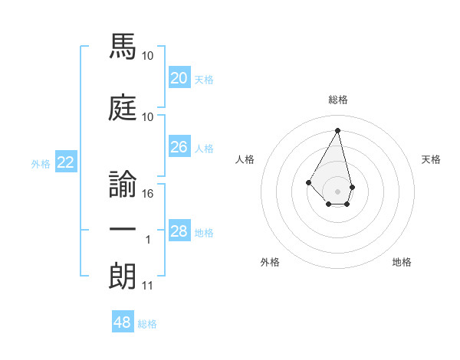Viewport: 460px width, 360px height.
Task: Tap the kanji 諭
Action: [x=122, y=182]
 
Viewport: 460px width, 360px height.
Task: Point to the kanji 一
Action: [x=122, y=230]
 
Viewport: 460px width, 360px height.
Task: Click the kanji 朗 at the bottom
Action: [x=122, y=276]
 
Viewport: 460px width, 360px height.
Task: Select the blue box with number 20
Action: [x=179, y=78]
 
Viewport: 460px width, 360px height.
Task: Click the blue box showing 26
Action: [x=179, y=147]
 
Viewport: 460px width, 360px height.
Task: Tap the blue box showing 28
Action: [x=179, y=231]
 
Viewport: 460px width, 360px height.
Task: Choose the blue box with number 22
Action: [x=66, y=162]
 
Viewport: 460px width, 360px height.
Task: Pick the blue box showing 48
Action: [x=123, y=322]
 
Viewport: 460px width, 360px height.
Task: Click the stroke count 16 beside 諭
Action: [x=149, y=194]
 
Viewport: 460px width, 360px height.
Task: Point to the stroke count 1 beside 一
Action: [x=148, y=241]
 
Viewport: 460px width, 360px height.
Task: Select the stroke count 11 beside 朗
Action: [x=147, y=286]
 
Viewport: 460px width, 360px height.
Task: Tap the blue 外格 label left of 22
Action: [x=41, y=164]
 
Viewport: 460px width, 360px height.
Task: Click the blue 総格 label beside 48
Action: [x=147, y=324]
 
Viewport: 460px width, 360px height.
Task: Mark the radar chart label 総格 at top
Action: [x=338, y=100]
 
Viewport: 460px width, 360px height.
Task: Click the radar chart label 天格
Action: [x=432, y=159]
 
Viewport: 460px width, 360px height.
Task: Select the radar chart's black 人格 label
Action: [x=245, y=159]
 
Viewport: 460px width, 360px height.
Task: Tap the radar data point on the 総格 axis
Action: [x=338, y=129]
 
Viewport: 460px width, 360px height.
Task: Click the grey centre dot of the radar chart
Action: [x=338, y=191]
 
